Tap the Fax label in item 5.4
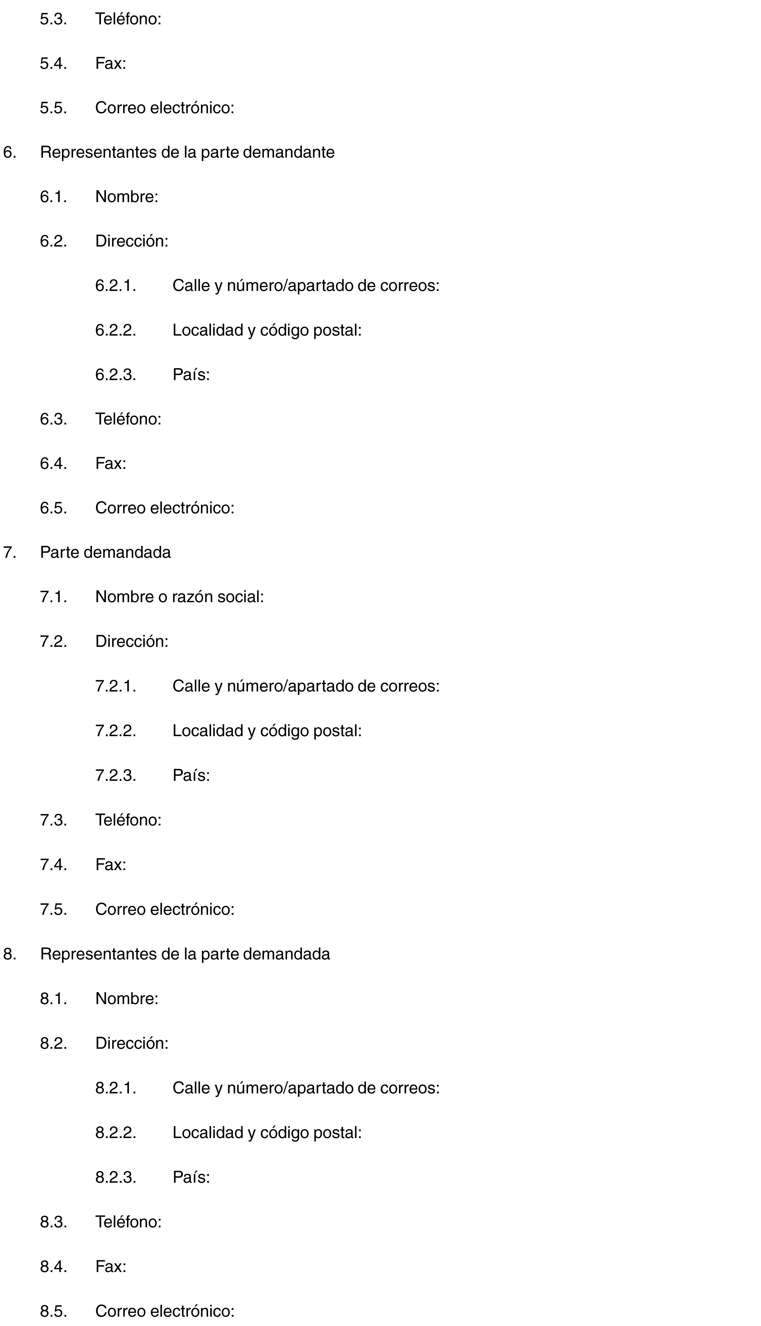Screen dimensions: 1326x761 110,64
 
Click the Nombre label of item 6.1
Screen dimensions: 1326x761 127,197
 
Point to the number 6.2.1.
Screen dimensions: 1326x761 116,286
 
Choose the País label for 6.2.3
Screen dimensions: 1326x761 191,375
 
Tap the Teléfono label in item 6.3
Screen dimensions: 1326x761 128,419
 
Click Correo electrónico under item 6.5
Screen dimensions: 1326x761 165,508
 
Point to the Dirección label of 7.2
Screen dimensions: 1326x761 132,641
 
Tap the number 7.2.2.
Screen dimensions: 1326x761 116,731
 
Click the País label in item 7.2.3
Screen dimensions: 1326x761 191,775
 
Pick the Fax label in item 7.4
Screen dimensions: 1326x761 110,864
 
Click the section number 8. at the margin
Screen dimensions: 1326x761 9,954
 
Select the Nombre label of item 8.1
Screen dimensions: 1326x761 127,998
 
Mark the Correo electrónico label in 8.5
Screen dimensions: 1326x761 165,1311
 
